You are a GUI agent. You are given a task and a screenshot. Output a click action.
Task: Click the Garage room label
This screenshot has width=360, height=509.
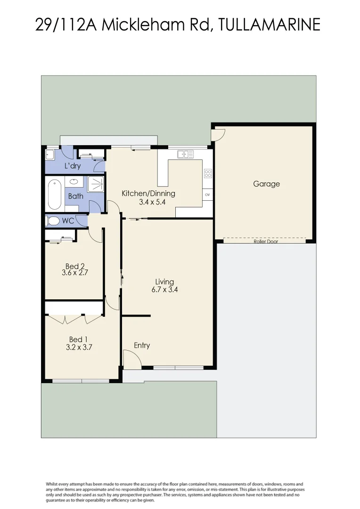click(x=266, y=184)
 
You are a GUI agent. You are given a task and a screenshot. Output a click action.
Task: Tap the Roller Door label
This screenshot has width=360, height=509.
click(x=266, y=241)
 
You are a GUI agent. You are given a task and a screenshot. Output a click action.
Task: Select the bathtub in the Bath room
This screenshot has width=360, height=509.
click(x=54, y=195)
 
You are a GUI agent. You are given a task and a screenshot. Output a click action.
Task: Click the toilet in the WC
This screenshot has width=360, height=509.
click(x=53, y=221)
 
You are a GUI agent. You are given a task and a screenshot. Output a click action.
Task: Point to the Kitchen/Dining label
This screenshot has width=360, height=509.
click(x=148, y=193)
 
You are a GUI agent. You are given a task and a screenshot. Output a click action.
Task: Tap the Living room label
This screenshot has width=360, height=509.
click(x=164, y=282)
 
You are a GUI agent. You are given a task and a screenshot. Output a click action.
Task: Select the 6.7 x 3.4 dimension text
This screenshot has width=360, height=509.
click(x=164, y=290)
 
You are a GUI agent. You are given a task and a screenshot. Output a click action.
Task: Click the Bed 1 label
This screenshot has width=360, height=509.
click(x=79, y=339)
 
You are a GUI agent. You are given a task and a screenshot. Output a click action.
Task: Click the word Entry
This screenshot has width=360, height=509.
click(x=142, y=345)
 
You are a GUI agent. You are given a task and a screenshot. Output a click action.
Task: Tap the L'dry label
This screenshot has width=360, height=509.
click(x=72, y=166)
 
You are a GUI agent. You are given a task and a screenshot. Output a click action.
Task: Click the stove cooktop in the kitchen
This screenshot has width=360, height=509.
click(x=208, y=173)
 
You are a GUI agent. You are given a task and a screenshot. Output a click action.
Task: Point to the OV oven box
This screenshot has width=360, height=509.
click(x=207, y=194)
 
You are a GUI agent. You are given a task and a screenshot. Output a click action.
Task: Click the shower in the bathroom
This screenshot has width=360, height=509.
click(x=96, y=184)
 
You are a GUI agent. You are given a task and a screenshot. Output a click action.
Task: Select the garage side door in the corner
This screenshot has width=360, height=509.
click(x=218, y=135)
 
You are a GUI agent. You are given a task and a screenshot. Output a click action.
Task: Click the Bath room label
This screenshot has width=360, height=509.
click(x=76, y=196)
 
